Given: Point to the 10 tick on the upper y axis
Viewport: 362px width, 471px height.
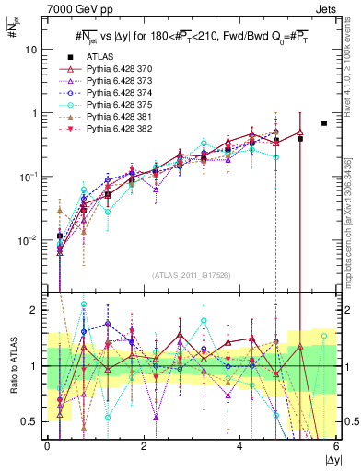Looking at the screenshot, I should point(33,50).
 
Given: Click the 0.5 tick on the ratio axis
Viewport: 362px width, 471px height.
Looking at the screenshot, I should point(30,421).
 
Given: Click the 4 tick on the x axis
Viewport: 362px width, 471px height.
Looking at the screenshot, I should point(239,448).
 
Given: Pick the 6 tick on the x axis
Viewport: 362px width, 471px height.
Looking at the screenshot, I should point(336,448).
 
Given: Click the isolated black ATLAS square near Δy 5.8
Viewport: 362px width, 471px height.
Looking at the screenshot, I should point(323,123).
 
